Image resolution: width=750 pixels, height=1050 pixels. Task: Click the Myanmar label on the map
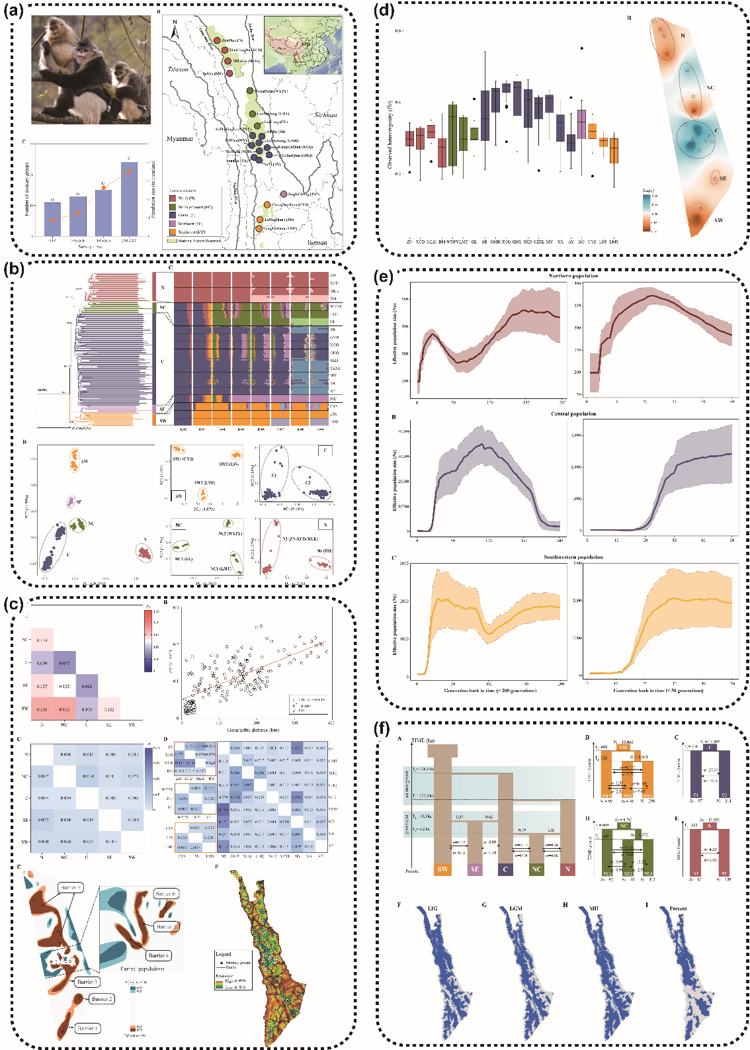[180, 139]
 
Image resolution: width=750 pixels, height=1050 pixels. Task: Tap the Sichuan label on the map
[325, 114]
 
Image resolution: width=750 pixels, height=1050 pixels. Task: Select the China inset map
[303, 45]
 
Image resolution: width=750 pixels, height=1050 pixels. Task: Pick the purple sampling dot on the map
[284, 194]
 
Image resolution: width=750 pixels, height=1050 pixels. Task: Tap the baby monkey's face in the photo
[121, 71]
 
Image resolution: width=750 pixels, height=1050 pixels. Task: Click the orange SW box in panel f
[442, 869]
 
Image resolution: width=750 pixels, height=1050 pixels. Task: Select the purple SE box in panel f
[475, 869]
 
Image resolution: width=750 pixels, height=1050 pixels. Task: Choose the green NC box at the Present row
[536, 869]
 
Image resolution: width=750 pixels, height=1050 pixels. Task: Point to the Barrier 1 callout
[87, 1028]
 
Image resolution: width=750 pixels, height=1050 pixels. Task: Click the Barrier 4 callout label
[158, 955]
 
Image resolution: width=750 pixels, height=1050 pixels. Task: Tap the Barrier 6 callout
[165, 894]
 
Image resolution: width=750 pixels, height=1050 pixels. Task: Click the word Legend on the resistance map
[224, 953]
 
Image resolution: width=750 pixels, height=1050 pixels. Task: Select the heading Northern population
[573, 276]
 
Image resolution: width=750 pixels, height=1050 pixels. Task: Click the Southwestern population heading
[573, 557]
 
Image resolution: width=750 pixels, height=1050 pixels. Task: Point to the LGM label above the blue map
[516, 908]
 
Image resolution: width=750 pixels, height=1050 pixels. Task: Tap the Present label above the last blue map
[678, 908]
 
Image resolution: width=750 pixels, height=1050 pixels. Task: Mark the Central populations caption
[142, 969]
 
